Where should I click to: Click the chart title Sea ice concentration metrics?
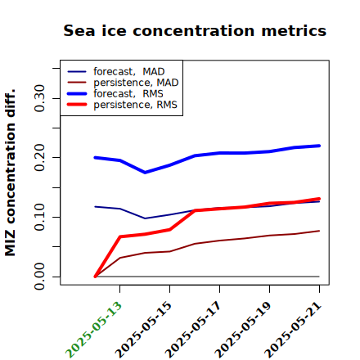pyautogui.click(x=195, y=30)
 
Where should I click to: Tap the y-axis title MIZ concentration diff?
pyautogui.click(x=10, y=173)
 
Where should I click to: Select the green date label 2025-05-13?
pyautogui.click(x=93, y=330)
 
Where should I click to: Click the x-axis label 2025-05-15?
pyautogui.click(x=143, y=330)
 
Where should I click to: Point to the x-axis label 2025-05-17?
pyautogui.click(x=193, y=330)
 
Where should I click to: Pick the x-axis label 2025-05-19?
pyautogui.click(x=243, y=330)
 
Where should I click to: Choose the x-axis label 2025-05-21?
pyautogui.click(x=293, y=330)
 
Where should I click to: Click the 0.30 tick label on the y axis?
pyautogui.click(x=39, y=98)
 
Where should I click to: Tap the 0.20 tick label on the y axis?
pyautogui.click(x=39, y=157)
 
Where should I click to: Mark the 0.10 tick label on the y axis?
pyautogui.click(x=39, y=217)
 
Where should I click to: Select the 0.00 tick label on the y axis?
pyautogui.click(x=39, y=277)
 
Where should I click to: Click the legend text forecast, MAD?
pyautogui.click(x=129, y=72)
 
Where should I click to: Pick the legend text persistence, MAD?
pyautogui.click(x=136, y=83)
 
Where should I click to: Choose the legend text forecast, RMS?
pyautogui.click(x=128, y=93)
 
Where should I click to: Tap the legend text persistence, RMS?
pyautogui.click(x=135, y=105)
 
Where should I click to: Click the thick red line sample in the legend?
pyautogui.click(x=77, y=105)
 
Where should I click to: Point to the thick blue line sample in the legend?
pyautogui.click(x=77, y=93)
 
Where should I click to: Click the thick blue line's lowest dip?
pyautogui.click(x=145, y=173)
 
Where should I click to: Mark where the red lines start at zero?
pyautogui.click(x=95, y=277)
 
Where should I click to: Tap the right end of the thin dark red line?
pyautogui.click(x=319, y=231)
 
